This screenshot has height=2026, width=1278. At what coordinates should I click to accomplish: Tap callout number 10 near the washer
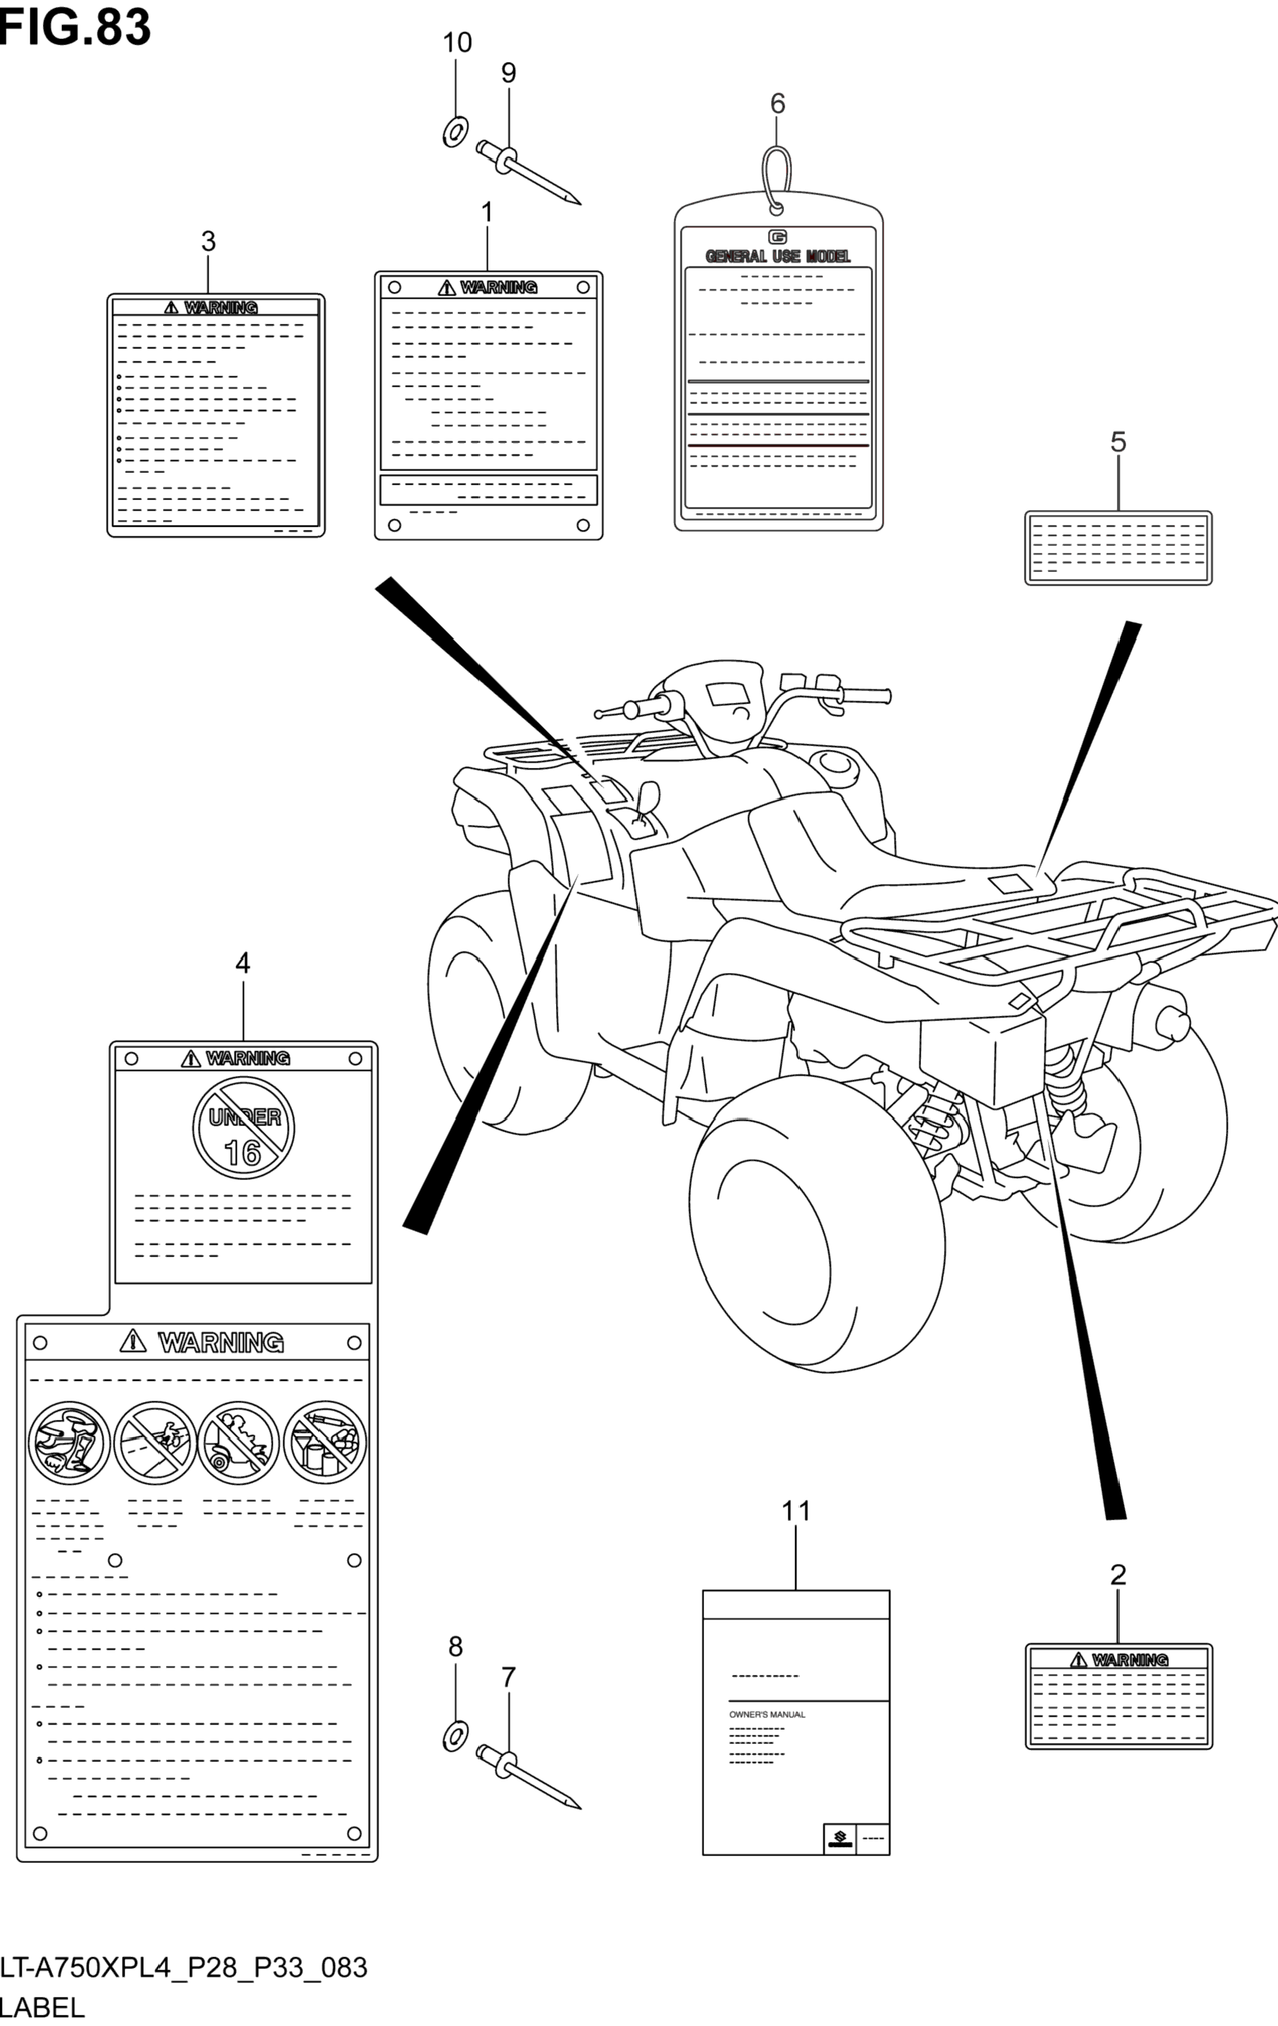point(457,43)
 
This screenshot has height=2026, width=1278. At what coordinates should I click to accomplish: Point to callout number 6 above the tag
point(777,104)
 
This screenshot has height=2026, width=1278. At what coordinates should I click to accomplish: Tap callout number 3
point(208,242)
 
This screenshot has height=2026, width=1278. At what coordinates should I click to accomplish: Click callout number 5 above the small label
point(1117,442)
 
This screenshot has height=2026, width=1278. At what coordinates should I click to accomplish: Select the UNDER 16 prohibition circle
point(242,1125)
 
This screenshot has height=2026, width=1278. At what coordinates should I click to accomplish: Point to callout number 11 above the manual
point(796,1512)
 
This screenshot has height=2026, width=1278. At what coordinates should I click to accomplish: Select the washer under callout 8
point(455,1736)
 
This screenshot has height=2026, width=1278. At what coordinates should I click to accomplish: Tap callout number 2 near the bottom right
point(1117,1574)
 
